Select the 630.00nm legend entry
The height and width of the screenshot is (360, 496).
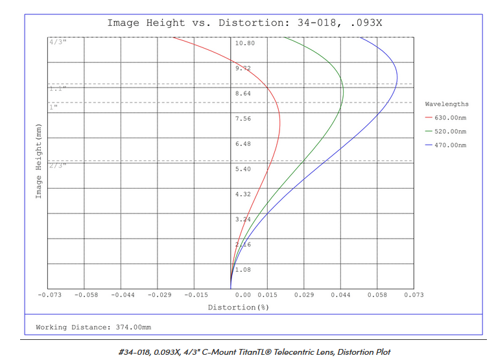coord(450,117)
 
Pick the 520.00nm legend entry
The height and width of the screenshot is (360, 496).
coord(450,132)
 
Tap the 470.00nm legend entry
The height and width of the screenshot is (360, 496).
coord(450,145)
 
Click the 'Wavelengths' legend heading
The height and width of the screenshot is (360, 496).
coord(447,104)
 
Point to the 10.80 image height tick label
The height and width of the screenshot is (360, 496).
coord(245,43)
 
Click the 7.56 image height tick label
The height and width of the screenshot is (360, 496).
coord(243,119)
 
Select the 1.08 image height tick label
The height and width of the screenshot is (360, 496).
coord(243,269)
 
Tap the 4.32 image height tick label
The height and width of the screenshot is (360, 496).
coord(243,194)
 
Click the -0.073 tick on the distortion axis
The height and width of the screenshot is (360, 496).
coord(49,295)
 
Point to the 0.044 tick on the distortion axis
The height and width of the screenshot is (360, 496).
coord(340,295)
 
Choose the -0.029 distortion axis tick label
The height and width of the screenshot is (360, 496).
coord(159,295)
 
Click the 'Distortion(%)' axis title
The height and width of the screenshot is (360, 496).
coord(238,307)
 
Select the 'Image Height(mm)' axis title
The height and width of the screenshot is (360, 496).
coord(38,159)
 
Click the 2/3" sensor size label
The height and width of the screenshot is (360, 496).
coord(57,165)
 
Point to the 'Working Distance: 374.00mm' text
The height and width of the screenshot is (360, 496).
coord(94,327)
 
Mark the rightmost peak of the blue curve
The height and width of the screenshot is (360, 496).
coord(397,77)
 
